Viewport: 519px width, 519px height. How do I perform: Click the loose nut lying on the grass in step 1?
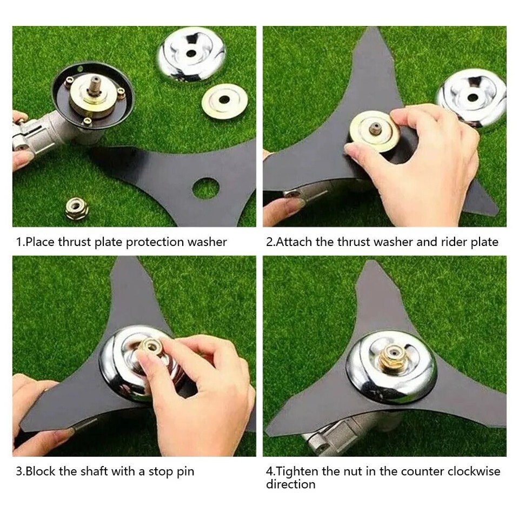click(x=76, y=208)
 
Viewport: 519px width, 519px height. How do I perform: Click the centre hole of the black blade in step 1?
click(x=205, y=188)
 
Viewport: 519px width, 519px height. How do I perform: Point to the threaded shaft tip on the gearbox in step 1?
click(x=96, y=80)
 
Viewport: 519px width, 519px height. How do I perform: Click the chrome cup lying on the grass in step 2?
click(x=471, y=98)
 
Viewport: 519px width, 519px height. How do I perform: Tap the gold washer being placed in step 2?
click(x=374, y=130)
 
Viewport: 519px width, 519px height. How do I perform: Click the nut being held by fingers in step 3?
click(x=151, y=348)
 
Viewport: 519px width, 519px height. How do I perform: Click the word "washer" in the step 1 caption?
click(x=207, y=242)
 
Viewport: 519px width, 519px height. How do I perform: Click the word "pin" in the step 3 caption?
click(x=185, y=472)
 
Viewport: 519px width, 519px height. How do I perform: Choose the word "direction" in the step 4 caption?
click(x=291, y=484)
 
